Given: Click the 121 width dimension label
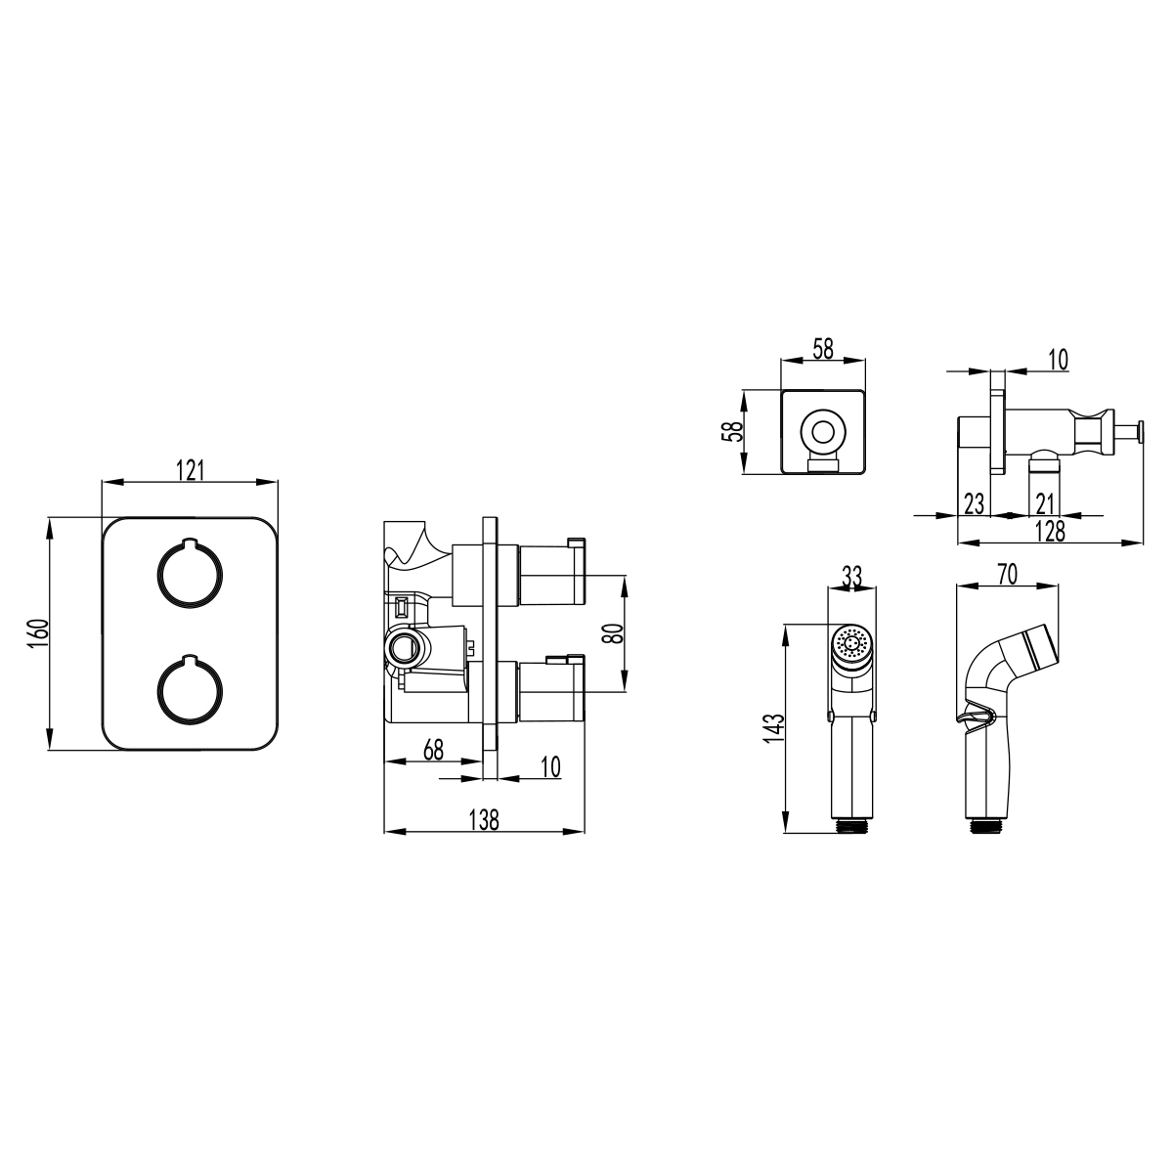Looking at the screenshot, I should point(192,469).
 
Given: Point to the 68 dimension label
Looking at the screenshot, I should point(433,750).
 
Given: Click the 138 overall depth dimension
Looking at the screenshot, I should point(484,820).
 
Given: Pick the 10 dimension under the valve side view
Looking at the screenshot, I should point(550,766).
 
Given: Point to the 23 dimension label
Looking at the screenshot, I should point(974,503).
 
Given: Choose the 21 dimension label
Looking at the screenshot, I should point(1044,503).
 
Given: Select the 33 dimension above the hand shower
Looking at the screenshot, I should point(851,577).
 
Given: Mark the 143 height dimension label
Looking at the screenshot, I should point(774,729).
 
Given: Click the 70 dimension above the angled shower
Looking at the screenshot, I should point(1007,575).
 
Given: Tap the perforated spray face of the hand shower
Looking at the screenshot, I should point(851,644).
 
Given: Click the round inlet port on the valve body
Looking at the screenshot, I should point(404,646).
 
